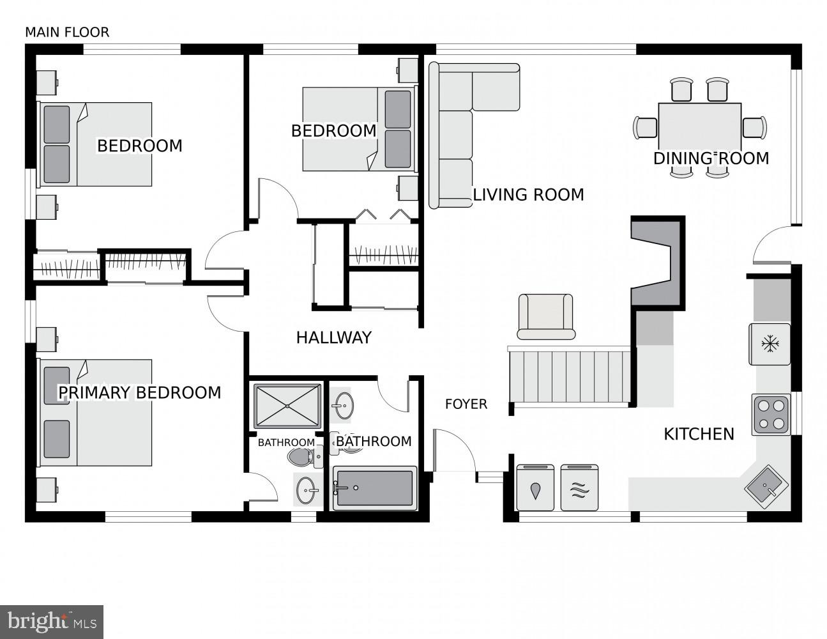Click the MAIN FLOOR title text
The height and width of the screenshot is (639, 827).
67,32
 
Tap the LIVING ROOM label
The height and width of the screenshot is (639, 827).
528,194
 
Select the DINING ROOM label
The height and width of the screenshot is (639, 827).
711,158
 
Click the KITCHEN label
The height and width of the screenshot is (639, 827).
699,435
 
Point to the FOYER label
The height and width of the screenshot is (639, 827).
466,404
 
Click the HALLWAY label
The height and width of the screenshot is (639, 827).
333,338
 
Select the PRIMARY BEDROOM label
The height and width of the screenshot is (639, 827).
139,392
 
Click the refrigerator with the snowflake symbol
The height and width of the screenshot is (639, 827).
770,344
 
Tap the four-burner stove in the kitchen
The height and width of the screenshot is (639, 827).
770,414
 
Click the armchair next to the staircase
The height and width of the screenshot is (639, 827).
545,317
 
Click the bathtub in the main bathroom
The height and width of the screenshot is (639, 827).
375,489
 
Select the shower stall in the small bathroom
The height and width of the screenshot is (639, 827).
287,405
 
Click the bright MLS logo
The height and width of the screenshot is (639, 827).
52,620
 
